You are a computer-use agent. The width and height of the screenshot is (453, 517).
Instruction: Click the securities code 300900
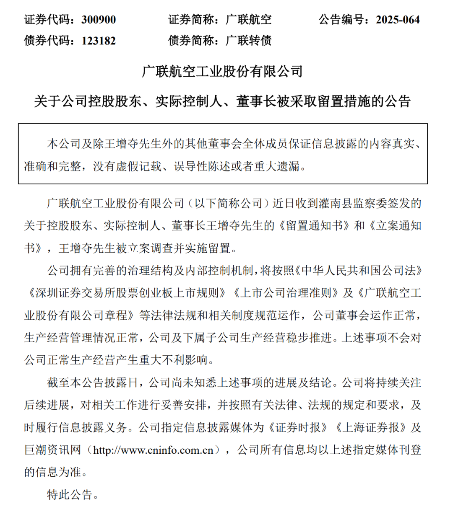[x=99, y=20]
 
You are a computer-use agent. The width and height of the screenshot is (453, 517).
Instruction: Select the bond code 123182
[x=99, y=41]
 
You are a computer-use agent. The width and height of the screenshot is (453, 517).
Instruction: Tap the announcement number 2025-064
[x=398, y=20]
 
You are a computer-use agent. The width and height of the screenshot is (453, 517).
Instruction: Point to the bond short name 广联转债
[x=249, y=41]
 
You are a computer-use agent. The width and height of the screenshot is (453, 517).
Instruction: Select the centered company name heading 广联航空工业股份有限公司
[x=222, y=71]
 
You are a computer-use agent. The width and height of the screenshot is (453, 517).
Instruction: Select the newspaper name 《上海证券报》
[x=370, y=427]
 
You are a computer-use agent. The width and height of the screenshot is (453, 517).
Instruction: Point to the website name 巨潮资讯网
[x=52, y=450]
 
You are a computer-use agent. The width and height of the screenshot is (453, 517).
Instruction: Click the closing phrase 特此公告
[x=70, y=495]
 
